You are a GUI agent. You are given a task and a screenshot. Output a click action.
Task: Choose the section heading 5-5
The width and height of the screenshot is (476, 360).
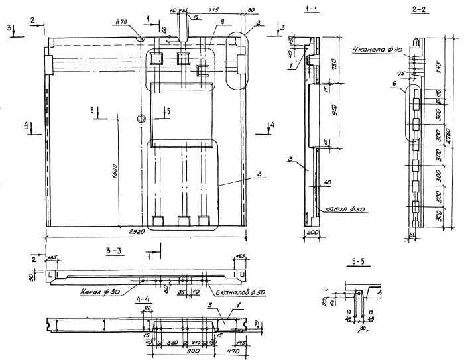[x=358, y=262]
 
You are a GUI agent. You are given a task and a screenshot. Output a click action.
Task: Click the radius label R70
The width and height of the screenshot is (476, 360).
[x=120, y=22]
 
